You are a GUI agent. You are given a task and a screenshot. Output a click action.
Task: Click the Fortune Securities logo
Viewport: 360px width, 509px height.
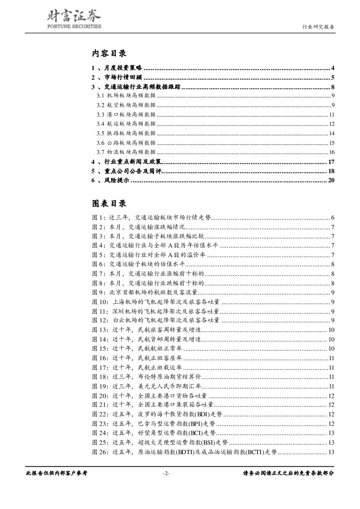coord(74,20)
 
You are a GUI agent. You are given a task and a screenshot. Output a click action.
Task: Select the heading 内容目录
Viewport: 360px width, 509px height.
coord(109,54)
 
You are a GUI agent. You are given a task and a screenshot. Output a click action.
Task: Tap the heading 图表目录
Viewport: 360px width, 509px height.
coord(109,204)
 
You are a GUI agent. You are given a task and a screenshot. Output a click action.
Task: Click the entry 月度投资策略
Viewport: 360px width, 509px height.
coord(124,68)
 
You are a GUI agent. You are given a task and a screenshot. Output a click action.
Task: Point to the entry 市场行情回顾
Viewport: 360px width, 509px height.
coord(124,78)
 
